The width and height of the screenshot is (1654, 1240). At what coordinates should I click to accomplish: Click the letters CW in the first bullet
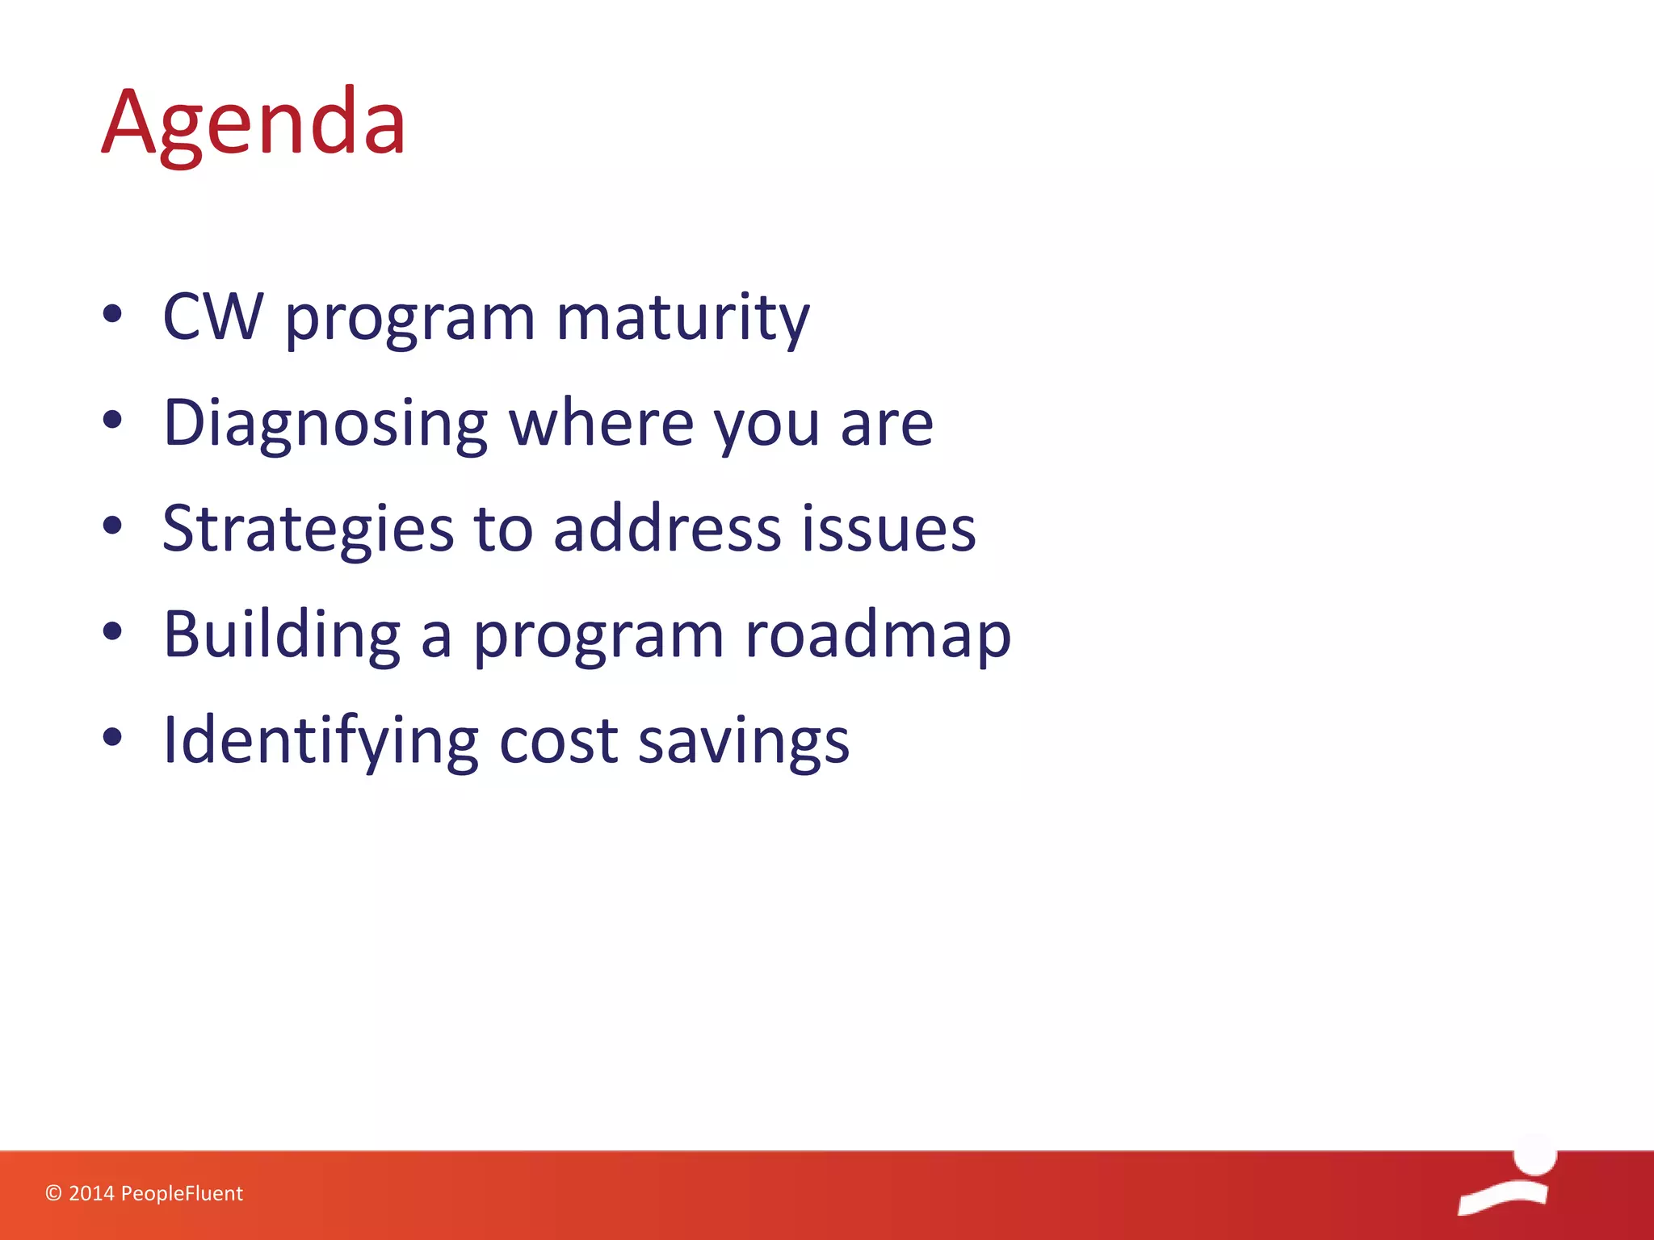213,316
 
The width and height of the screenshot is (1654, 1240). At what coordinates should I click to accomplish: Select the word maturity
683,318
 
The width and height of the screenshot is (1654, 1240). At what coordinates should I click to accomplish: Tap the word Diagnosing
325,424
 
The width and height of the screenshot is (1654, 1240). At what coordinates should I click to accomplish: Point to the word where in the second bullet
602,422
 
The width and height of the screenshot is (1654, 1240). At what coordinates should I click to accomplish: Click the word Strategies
308,530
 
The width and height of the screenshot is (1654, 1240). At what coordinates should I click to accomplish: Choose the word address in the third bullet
667,528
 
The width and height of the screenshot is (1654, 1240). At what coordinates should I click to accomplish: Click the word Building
282,635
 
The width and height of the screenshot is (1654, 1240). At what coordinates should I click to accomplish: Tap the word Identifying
321,741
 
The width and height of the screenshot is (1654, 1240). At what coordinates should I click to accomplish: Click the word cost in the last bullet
559,741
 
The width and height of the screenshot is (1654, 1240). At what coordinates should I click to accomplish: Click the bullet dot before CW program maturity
113,314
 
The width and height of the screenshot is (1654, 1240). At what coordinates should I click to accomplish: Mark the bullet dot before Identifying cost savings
113,736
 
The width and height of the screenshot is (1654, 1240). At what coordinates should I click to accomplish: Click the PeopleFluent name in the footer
182,1193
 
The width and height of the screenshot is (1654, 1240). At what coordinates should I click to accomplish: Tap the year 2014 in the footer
91,1193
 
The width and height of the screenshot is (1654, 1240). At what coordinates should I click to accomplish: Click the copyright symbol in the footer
53,1193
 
